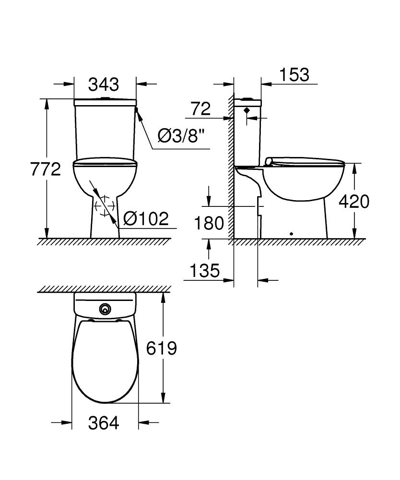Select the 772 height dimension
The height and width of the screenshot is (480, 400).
46,169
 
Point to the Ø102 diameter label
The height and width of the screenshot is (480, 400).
146,219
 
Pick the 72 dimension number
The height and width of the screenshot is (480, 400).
200,109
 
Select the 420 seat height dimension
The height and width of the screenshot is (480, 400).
354,202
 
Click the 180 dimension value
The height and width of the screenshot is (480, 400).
209,223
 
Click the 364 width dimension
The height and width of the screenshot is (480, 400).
104,423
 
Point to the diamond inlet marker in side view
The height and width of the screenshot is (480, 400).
247,110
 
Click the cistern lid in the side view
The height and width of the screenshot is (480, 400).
247,102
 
